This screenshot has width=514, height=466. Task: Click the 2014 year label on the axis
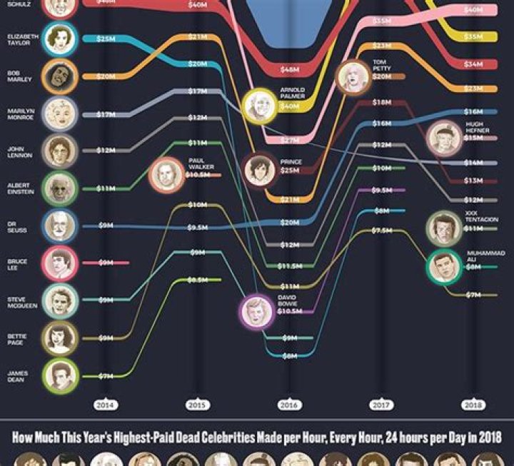[104, 405]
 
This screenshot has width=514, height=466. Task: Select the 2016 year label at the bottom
[289, 405]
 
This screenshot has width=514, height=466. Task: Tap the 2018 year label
[473, 405]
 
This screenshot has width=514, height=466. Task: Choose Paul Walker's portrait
[166, 175]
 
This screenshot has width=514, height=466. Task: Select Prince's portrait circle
[258, 170]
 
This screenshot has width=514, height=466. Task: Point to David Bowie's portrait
[256, 312]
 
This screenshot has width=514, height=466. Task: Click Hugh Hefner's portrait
[444, 138]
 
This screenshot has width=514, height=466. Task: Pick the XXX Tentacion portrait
[445, 228]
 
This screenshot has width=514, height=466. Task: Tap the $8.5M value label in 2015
[197, 280]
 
